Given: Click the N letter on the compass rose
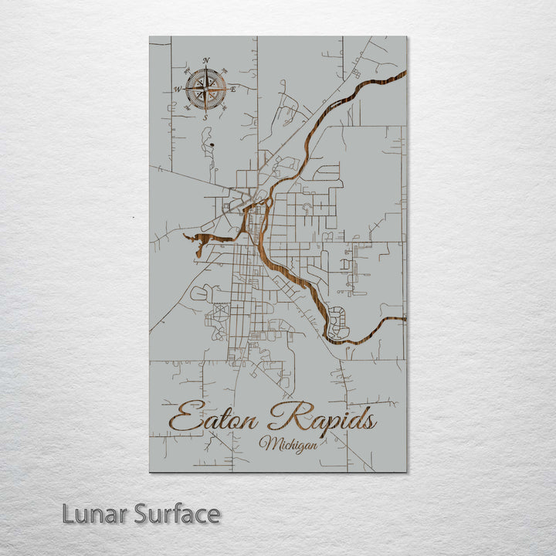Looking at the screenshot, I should (x=205, y=61).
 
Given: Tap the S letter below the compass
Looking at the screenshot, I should (x=205, y=117).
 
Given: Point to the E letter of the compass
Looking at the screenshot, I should (x=233, y=90).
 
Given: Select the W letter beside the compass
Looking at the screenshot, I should (x=177, y=90).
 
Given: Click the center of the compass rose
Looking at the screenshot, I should (x=205, y=89).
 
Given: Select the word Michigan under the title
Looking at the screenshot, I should (x=283, y=445).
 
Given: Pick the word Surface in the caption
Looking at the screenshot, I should (x=177, y=514).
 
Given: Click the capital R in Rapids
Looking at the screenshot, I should (x=283, y=418).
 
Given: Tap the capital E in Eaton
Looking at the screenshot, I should (x=182, y=419).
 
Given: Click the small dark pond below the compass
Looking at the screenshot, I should (x=208, y=142).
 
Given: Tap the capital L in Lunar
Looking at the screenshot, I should (x=68, y=514).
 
